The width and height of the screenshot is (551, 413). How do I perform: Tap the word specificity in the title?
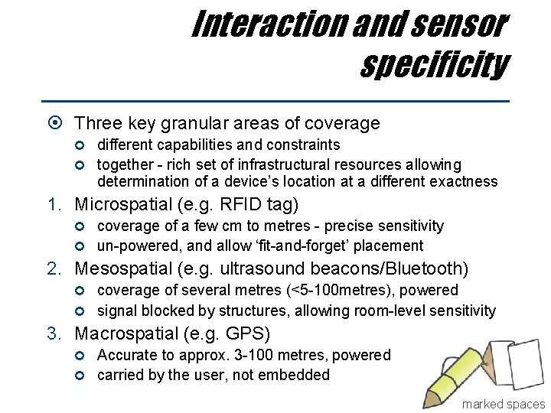(434, 65)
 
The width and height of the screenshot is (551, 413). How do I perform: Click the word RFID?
(243, 205)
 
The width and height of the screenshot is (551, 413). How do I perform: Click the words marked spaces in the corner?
(503, 404)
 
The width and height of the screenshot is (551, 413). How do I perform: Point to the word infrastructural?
(281, 165)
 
